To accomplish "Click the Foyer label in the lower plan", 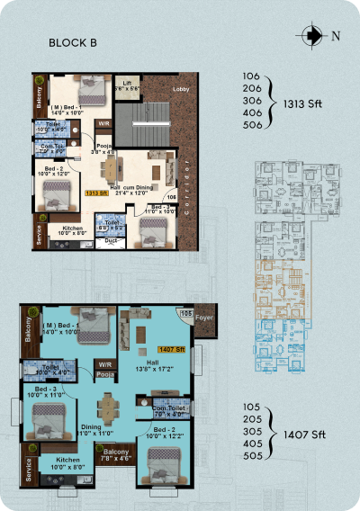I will (x=203, y=317).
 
